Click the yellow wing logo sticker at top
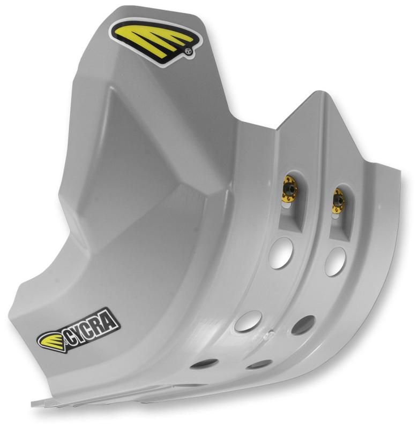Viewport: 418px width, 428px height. pyautogui.click(x=155, y=40)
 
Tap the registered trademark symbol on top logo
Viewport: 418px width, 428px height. pyautogui.click(x=188, y=52)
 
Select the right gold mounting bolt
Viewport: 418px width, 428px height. pyautogui.click(x=338, y=200)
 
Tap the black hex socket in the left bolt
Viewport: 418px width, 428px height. pyautogui.click(x=290, y=189)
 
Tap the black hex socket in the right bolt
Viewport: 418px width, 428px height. pyautogui.click(x=338, y=200)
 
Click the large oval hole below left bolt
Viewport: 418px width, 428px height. pyautogui.click(x=281, y=253)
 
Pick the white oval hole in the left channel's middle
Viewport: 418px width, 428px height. pyautogui.click(x=248, y=320)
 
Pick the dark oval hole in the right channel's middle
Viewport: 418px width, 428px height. pyautogui.click(x=303, y=325)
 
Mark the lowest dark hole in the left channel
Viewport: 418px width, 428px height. pyautogui.click(x=204, y=364)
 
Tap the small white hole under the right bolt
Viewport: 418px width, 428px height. pyautogui.click(x=335, y=216)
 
